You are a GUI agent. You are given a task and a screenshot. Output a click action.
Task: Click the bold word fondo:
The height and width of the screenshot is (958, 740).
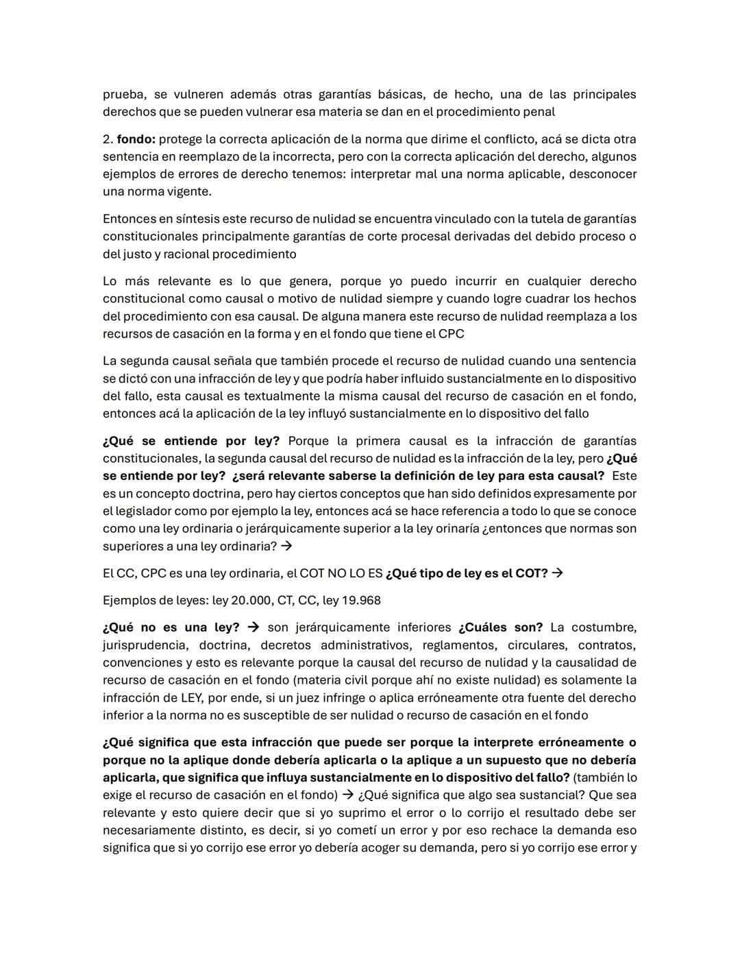tap(136, 139)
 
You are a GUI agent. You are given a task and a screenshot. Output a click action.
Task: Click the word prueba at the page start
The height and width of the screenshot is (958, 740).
tap(123, 95)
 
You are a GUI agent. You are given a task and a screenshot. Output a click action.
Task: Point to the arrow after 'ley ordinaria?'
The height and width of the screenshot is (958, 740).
tap(286, 547)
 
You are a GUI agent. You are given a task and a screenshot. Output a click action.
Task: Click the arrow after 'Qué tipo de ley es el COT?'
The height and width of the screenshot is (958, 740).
tap(557, 573)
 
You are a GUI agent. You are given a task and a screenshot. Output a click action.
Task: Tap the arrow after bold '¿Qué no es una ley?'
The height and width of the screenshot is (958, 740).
tap(253, 627)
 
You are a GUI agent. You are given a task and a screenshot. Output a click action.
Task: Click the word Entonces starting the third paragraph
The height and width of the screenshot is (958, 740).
tap(129, 219)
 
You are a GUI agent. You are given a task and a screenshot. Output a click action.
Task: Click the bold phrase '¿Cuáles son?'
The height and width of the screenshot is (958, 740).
tap(500, 627)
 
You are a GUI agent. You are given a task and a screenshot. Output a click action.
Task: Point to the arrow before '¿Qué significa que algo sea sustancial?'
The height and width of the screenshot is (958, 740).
tap(347, 795)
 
